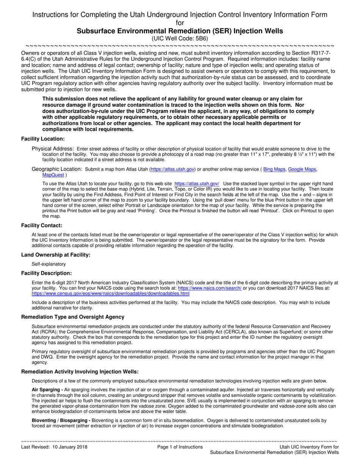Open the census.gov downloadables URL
pos(111,293)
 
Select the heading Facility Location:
pos(43,139)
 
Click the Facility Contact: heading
pos(42,226)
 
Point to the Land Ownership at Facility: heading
pos(56,255)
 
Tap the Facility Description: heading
pos(46,273)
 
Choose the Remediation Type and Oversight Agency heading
pos(73,317)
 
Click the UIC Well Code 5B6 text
pos(180,38)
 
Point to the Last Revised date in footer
pos(54,447)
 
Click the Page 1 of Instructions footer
pos(180,447)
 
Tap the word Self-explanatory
pos(49,264)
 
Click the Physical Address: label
pos(53,149)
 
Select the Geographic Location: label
pos(57,169)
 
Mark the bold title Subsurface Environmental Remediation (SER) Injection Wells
pos(180,31)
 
